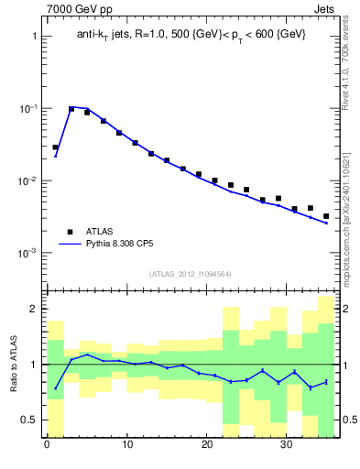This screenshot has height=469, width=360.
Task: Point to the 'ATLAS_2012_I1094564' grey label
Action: click(191, 273)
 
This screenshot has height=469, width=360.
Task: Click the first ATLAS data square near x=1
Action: click(55, 147)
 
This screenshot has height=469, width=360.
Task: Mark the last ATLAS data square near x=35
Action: click(326, 216)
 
